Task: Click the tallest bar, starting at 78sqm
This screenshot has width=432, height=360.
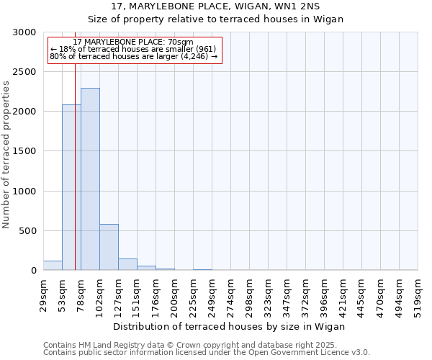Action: point(90,179)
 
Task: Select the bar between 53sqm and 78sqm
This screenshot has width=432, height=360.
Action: point(71,187)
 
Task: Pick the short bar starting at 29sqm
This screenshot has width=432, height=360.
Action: point(53,266)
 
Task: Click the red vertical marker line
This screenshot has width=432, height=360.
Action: point(75,180)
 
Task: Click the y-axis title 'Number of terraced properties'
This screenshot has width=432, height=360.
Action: point(6,155)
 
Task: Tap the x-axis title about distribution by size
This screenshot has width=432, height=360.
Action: point(230,326)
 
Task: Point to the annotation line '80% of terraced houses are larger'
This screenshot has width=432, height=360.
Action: point(133,56)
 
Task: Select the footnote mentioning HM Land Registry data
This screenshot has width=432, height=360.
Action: point(205,345)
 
